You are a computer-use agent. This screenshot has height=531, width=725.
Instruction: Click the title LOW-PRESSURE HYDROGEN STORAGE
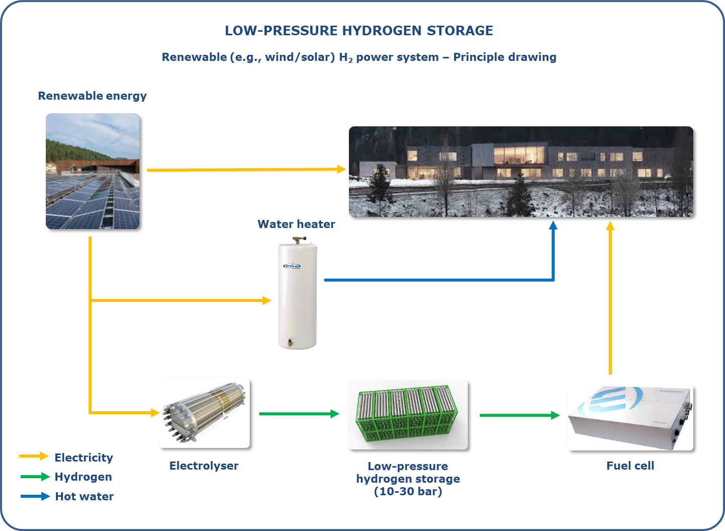click(358, 31)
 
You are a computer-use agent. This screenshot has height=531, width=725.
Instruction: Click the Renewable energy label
click(92, 96)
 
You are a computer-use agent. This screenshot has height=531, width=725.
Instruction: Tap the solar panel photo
click(93, 171)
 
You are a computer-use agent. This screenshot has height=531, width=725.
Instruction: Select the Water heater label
click(296, 224)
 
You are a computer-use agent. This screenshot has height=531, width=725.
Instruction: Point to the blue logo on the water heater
click(292, 266)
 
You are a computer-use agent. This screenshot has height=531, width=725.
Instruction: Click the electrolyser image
click(204, 413)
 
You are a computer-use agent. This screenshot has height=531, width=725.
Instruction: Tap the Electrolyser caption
click(203, 466)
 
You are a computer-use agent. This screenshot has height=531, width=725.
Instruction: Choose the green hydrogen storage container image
click(407, 415)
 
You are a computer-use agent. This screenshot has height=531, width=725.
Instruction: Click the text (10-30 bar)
click(408, 492)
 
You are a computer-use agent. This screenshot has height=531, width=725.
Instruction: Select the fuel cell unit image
click(630, 418)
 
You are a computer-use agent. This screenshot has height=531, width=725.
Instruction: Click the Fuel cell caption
click(630, 466)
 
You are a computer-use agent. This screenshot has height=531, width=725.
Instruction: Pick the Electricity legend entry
click(84, 458)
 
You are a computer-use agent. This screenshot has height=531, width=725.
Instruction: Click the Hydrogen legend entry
click(83, 477)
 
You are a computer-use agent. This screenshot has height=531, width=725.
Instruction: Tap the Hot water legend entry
click(84, 496)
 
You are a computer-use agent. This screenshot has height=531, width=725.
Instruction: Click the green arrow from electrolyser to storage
click(299, 414)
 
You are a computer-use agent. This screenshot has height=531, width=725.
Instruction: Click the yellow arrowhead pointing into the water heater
click(266, 300)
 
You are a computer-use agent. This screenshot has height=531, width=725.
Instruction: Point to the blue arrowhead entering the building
click(553, 225)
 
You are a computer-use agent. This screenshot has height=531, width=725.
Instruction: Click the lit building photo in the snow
click(521, 172)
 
